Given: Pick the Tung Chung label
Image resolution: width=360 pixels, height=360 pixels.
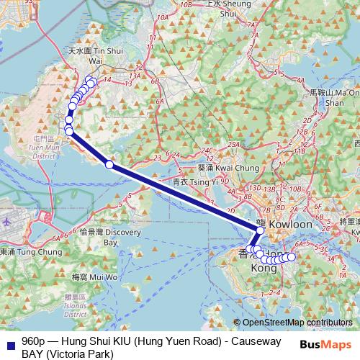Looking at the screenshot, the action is pyautogui.click(x=22, y=252).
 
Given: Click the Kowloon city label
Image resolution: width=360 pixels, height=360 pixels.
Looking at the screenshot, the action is pyautogui.click(x=292, y=225).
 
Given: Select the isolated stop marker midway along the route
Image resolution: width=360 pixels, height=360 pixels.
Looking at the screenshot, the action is pyautogui.click(x=109, y=165).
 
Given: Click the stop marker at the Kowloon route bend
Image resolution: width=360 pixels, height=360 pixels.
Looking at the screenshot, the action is pyautogui.click(x=260, y=230).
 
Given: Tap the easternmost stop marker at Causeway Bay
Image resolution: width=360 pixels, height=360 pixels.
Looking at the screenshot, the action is pyautogui.click(x=292, y=257).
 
